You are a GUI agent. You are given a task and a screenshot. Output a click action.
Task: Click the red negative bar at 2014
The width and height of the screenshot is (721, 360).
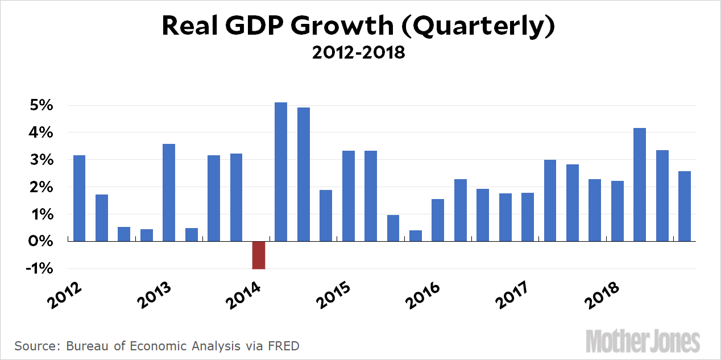[x=259, y=255]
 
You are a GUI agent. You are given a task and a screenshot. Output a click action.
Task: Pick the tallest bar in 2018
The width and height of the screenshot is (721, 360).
[x=640, y=184]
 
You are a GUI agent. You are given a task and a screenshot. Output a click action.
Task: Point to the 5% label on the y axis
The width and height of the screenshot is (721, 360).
[x=43, y=106]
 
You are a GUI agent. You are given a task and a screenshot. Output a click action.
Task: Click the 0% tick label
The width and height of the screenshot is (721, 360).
[x=43, y=242]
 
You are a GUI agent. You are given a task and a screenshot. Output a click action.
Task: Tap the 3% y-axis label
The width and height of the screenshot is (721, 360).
[x=43, y=160]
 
